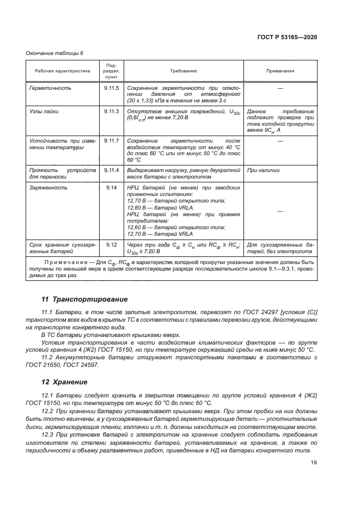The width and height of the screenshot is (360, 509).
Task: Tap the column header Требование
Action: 184,71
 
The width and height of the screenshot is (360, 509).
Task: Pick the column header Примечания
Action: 280,71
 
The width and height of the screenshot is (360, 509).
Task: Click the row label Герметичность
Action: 50,88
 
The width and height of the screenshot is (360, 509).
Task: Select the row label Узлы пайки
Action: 44,111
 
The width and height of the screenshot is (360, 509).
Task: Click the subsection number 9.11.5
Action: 111,88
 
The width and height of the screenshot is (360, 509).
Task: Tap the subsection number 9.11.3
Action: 111,111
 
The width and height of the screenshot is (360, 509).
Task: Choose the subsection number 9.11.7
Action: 111,140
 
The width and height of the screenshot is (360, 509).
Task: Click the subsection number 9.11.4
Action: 111,170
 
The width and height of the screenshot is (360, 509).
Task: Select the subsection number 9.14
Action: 111,187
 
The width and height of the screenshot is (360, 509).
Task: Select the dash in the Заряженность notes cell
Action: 280,211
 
